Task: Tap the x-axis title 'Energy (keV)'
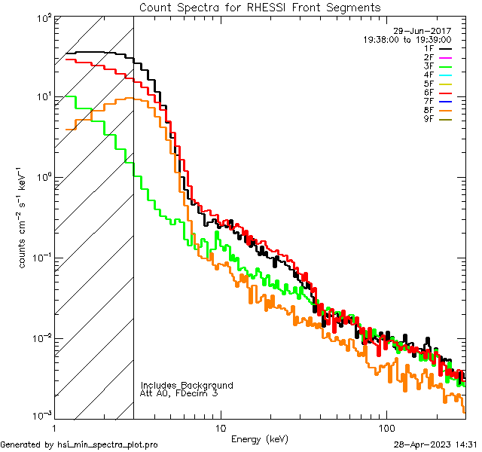260,439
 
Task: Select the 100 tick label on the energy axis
386,428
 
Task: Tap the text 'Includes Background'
187,385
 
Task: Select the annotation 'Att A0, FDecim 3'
179,393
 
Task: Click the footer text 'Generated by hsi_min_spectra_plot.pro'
79,444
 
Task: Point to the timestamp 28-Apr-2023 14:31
435,444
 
